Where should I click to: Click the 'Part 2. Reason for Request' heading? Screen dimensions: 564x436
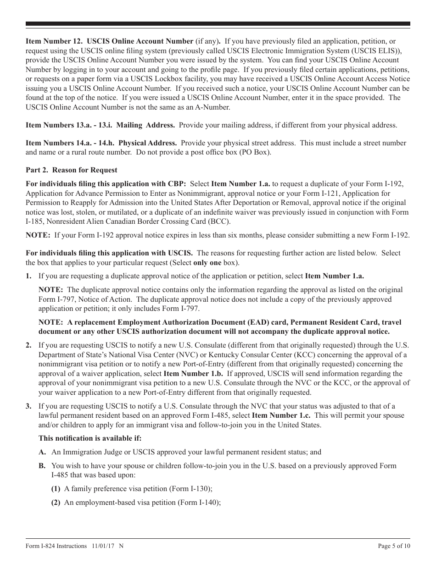pyautogui.click(x=71, y=170)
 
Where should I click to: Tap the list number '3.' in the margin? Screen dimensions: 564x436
pyautogui.click(x=28, y=406)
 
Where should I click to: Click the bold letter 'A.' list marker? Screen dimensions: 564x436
pyautogui.click(x=42, y=452)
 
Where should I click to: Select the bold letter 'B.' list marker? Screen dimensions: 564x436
pyautogui.click(x=42, y=465)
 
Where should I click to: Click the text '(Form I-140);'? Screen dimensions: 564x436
pyautogui.click(x=200, y=503)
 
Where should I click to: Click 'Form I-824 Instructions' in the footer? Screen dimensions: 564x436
pyautogui.click(x=56, y=546)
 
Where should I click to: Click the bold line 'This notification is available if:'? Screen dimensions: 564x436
pyautogui.click(x=90, y=438)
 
